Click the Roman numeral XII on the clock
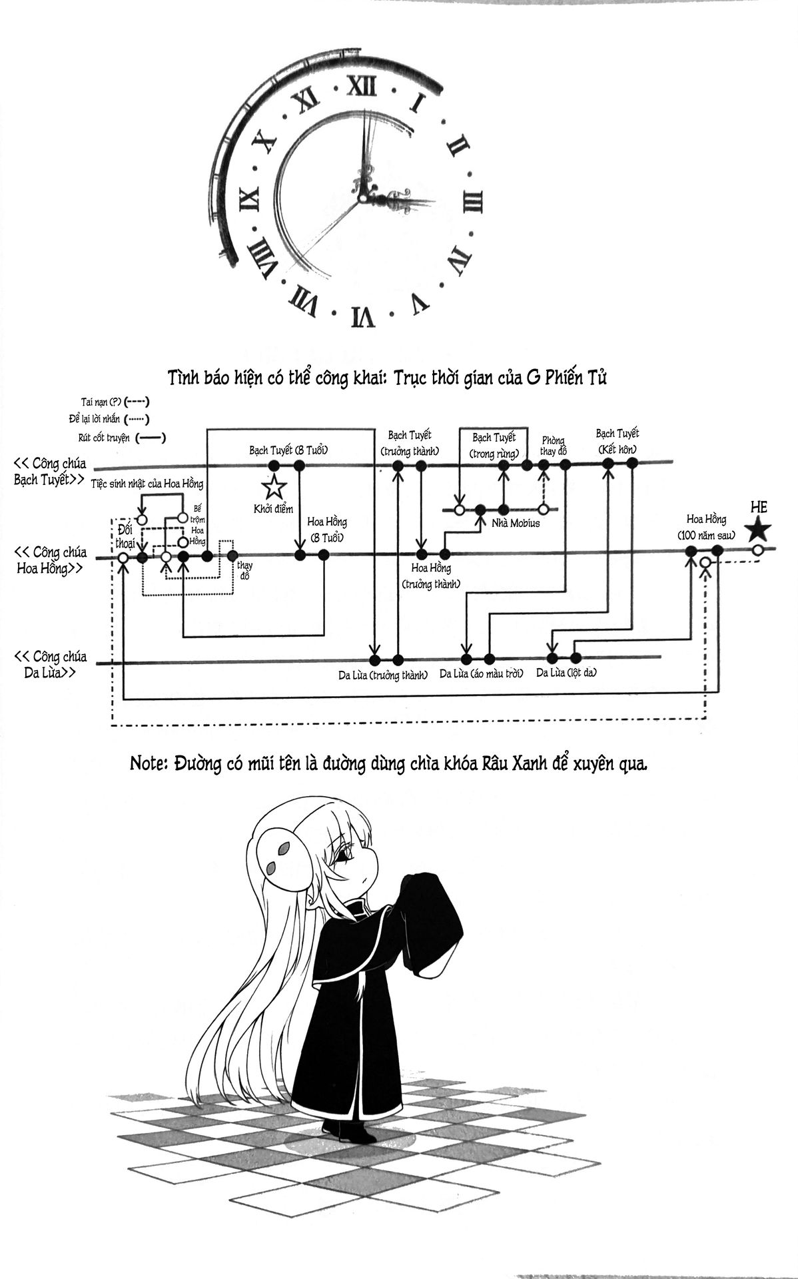click(x=364, y=85)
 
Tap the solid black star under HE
click(x=758, y=530)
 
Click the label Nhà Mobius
click(x=515, y=524)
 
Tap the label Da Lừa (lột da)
click(x=566, y=673)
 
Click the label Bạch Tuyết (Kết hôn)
click(x=617, y=441)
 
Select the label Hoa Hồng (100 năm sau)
click(x=706, y=527)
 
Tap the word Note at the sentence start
click(x=149, y=764)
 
